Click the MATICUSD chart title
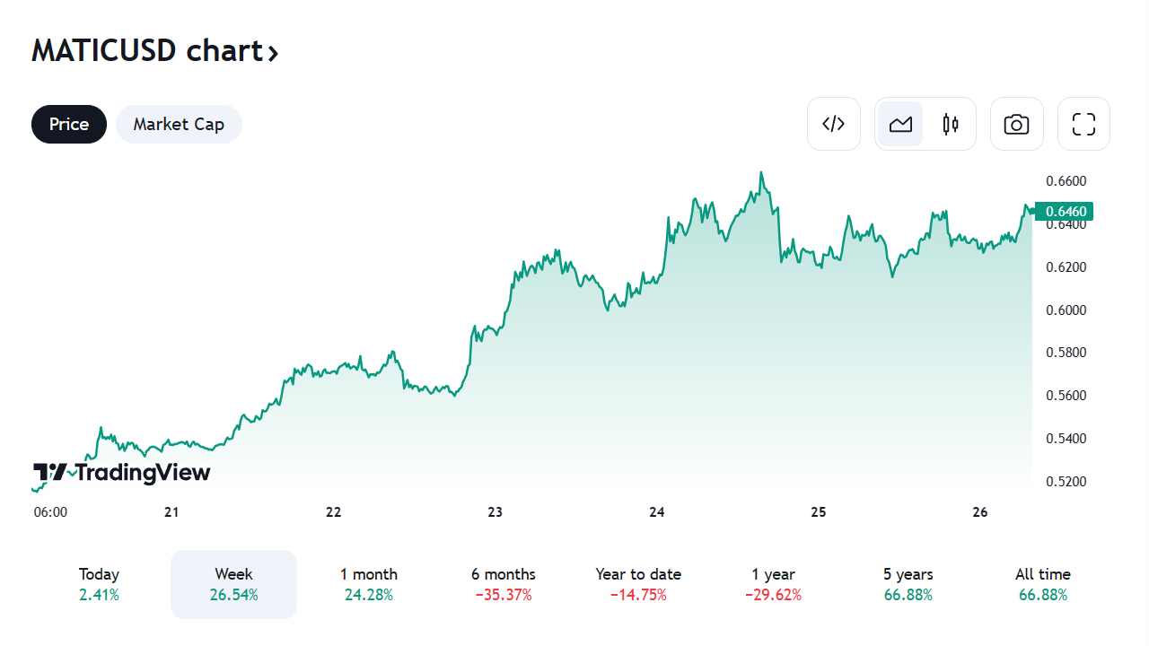point(154,51)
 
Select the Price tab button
point(69,124)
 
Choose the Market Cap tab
point(179,124)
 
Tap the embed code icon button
point(834,124)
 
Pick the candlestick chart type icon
point(951,124)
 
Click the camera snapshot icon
point(1016,124)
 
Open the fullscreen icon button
point(1083,124)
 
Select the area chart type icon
point(900,124)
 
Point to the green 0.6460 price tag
point(1066,212)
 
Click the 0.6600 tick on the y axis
point(1066,181)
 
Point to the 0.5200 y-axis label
point(1066,482)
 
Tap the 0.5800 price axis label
point(1066,353)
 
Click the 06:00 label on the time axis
point(50,512)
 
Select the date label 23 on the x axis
point(495,512)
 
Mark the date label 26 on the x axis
point(979,512)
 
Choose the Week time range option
point(233,584)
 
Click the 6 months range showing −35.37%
point(503,584)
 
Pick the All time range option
point(1042,584)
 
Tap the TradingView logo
point(122,473)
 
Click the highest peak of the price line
point(761,172)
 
